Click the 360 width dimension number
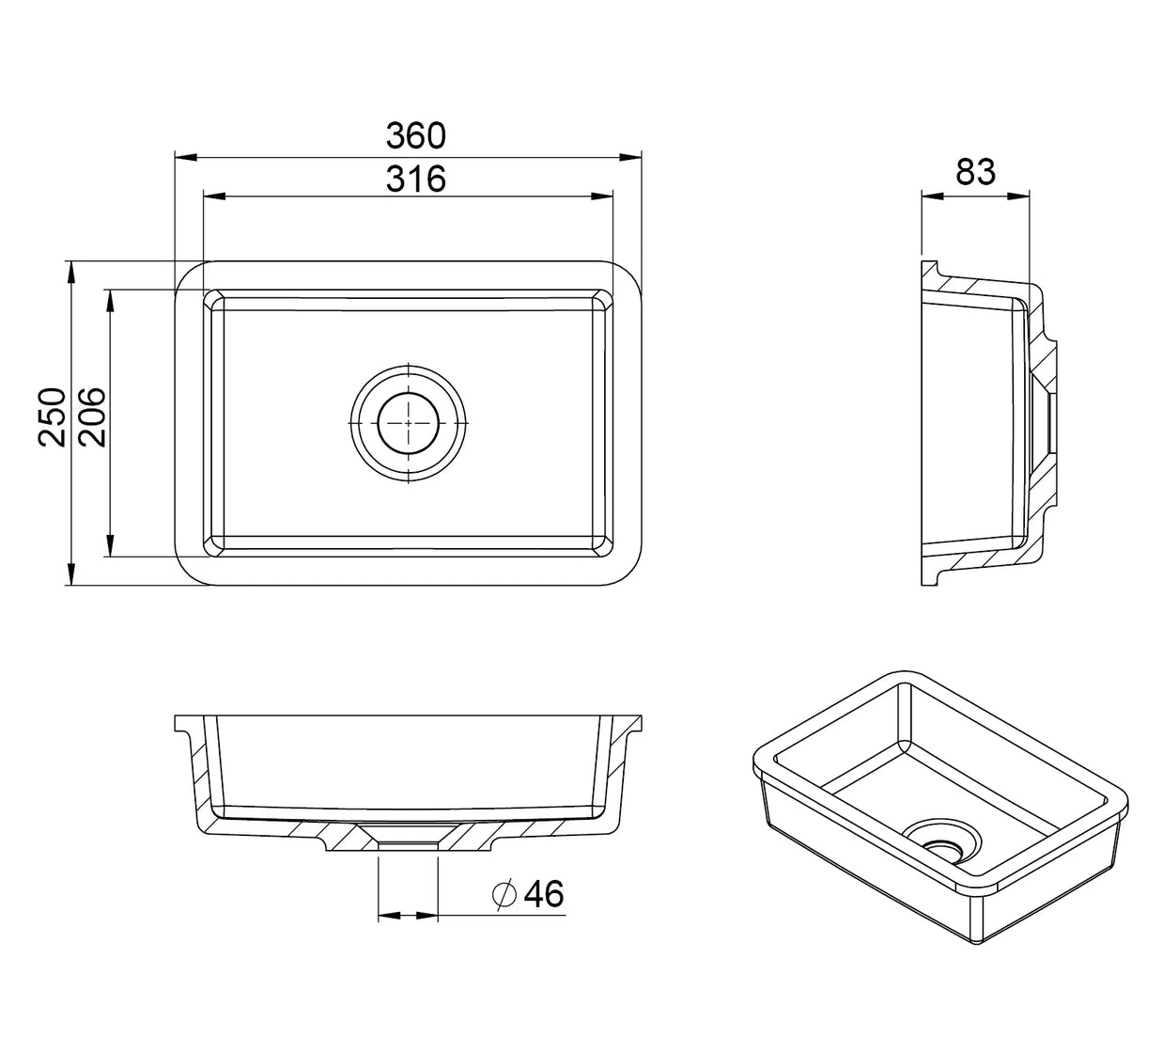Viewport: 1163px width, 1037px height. (x=415, y=136)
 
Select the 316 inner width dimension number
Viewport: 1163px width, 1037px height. (x=415, y=179)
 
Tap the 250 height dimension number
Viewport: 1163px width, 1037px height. (x=52, y=417)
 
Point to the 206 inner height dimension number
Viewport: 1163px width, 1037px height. (x=92, y=417)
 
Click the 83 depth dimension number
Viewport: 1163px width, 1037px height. (x=975, y=172)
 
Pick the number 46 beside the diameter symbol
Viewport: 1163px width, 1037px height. (x=544, y=894)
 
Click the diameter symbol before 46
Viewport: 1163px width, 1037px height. (x=504, y=894)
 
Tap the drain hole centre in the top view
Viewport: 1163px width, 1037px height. (x=408, y=422)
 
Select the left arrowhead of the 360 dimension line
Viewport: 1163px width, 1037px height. (x=186, y=157)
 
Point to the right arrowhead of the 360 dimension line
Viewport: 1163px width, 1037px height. (x=629, y=157)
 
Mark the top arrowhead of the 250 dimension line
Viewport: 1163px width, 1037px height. (x=70, y=273)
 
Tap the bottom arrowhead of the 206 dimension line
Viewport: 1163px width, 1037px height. (x=110, y=544)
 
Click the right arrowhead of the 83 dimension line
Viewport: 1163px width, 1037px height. (x=1017, y=196)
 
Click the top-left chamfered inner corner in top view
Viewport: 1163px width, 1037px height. (x=213, y=300)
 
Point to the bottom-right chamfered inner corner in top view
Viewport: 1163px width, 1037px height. (x=603, y=546)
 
